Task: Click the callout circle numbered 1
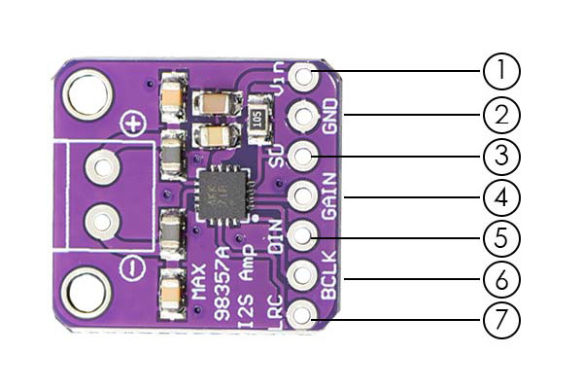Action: (x=501, y=71)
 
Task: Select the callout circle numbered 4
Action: (x=501, y=197)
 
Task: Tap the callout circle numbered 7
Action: (x=501, y=321)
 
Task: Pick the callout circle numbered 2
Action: (x=501, y=115)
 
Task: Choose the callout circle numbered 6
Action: (x=501, y=279)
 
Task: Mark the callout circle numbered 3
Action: (x=501, y=156)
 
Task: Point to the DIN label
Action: (x=277, y=236)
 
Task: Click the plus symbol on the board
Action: (x=133, y=124)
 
